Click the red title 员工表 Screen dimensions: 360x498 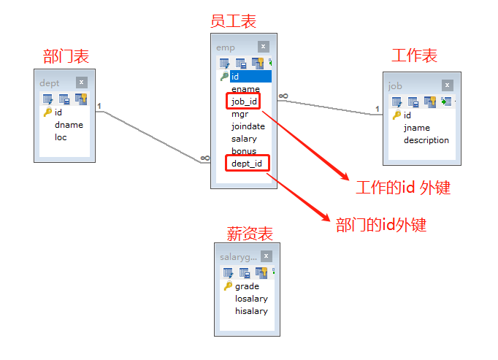click(233, 21)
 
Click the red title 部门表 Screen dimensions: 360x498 click(66, 56)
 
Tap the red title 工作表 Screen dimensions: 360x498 click(414, 55)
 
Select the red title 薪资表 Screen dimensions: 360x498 click(250, 234)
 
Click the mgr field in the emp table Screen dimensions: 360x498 click(239, 114)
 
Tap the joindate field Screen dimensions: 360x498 click(248, 126)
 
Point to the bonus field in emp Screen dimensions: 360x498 click(243, 151)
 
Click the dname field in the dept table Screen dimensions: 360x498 click(69, 125)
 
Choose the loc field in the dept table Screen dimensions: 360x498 click(61, 137)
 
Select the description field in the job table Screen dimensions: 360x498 click(426, 140)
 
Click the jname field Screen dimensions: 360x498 click(416, 128)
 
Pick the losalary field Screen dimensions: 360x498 click(250, 299)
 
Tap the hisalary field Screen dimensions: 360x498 click(250, 311)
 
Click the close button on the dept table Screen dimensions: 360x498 click(81, 83)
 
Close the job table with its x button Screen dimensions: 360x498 click(446, 85)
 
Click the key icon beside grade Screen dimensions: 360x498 click(228, 286)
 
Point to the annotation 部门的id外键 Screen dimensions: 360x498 click(380, 225)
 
